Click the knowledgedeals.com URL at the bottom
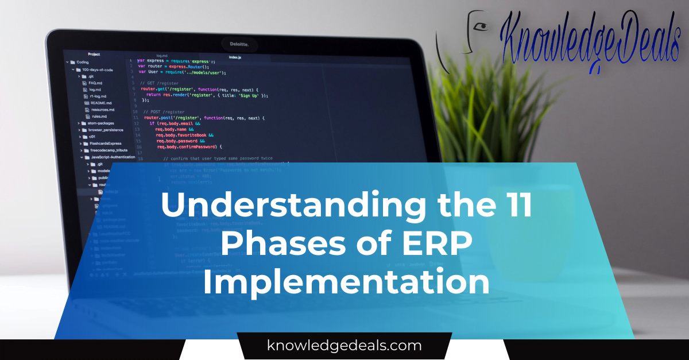[x=344, y=346]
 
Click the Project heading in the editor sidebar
[x=94, y=55]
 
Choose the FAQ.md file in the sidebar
[x=95, y=83]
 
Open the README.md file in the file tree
[x=101, y=103]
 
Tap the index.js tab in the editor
[x=235, y=57]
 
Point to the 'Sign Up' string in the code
[x=250, y=95]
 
